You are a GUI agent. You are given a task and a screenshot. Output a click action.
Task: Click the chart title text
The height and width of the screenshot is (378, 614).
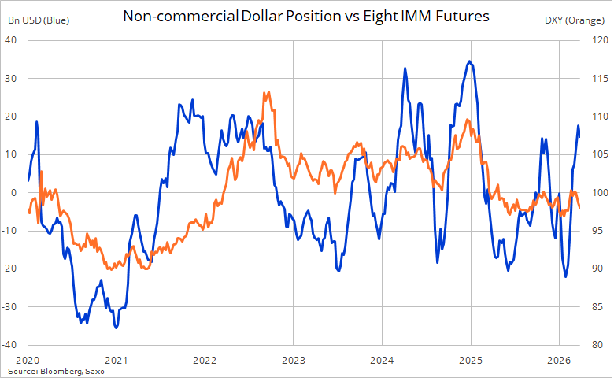click(306, 15)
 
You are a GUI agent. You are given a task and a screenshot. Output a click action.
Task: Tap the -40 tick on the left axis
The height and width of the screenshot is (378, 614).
click(14, 345)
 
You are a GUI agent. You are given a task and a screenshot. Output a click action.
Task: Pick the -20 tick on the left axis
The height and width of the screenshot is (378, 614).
click(14, 269)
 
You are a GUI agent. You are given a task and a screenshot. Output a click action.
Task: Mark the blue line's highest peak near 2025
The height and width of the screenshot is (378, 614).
click(470, 61)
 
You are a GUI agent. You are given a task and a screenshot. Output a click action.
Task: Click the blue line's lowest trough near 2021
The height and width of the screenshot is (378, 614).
click(116, 327)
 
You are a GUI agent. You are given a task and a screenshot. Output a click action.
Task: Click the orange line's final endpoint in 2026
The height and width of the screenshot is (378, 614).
click(580, 208)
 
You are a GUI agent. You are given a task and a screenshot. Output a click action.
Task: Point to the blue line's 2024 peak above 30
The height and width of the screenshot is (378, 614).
click(405, 69)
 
